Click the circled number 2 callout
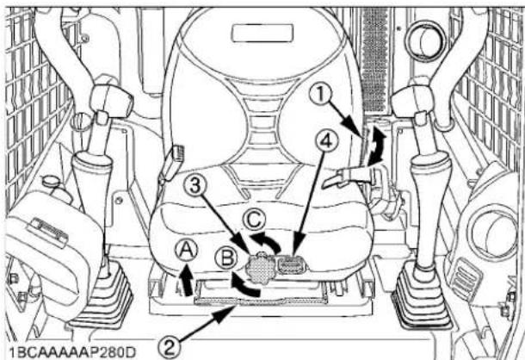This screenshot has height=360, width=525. pos(170,347)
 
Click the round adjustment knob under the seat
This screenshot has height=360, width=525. pos(257,266)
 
